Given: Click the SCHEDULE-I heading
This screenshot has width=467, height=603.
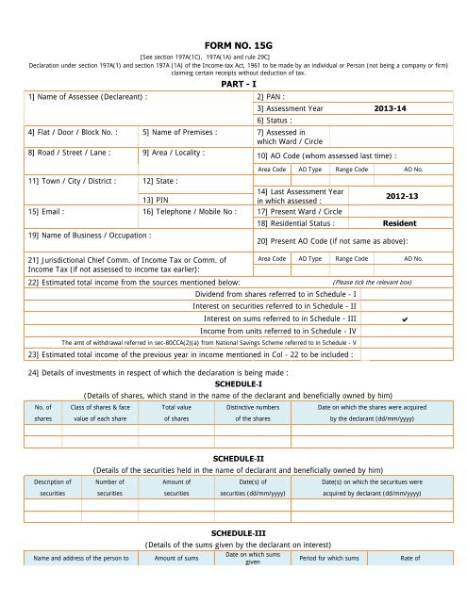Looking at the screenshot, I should pos(232,384).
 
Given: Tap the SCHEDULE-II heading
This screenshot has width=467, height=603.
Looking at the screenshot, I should pos(232,457).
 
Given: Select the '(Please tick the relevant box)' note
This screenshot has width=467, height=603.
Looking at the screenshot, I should pos(373,282).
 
